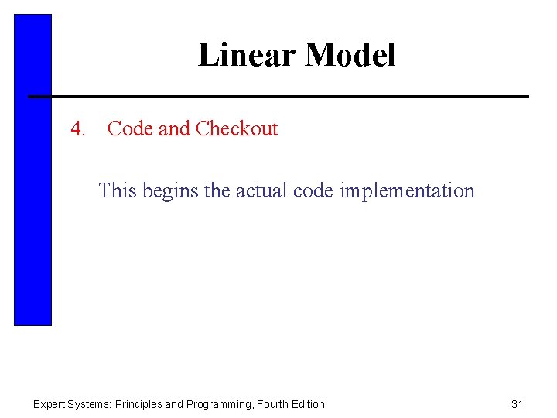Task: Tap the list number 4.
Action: tap(77, 128)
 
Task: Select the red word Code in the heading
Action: tap(130, 128)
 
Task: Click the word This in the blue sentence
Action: tap(117, 190)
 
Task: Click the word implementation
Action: tap(407, 191)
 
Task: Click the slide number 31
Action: tap(518, 404)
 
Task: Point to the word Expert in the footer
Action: tap(49, 404)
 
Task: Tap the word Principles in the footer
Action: tap(138, 404)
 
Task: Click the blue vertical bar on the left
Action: tap(32, 170)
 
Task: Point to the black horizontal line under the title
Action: tap(278, 97)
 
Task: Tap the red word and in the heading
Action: tap(174, 128)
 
